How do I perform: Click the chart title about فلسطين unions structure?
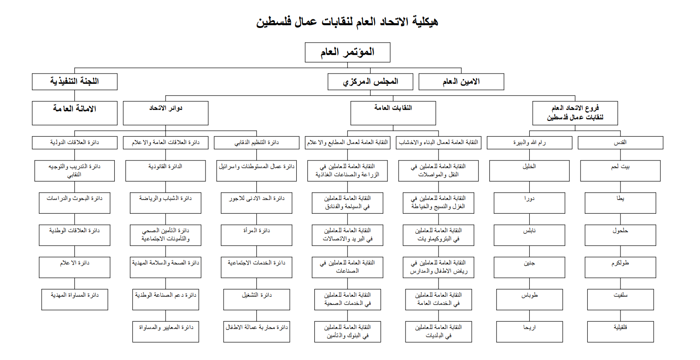pos(347,21)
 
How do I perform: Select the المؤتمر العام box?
pos(347,52)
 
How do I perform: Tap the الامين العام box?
pos(461,82)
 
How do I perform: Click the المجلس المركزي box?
pos(370,82)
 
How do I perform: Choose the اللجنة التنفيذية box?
pos(74,82)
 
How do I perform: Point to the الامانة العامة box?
pos(74,113)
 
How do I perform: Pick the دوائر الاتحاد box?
pos(166,113)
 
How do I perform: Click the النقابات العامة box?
pos(393,113)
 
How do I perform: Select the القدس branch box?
pos(620,143)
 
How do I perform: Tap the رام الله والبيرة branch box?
pos(529,143)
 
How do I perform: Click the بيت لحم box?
pos(620,171)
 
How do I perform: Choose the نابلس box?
pos(529,235)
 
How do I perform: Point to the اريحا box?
pos(529,332)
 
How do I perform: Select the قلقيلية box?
pos(620,332)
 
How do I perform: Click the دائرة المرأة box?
pos(256,235)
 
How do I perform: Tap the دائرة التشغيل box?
pos(256,300)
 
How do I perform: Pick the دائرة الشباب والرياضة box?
pos(166,203)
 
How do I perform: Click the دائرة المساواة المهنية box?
pos(74,300)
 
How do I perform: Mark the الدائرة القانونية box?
pos(166,171)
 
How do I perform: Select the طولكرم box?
pos(620,268)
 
